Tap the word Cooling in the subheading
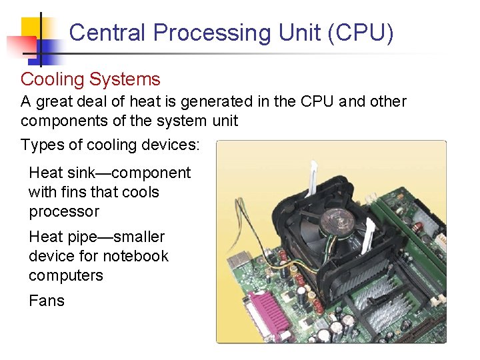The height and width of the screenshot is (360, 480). coord(52,79)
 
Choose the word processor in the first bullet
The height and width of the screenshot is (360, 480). coord(64,211)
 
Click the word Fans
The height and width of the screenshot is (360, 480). coord(47,301)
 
